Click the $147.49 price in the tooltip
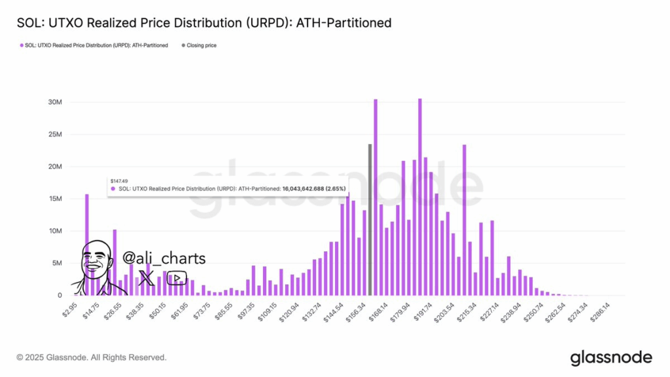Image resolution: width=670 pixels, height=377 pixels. pyautogui.click(x=118, y=180)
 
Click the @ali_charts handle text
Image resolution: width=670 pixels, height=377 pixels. pyautogui.click(x=164, y=259)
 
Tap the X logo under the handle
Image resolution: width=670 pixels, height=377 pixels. pyautogui.click(x=147, y=278)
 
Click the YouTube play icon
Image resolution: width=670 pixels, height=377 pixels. pyautogui.click(x=177, y=278)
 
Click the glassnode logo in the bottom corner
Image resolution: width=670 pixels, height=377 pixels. pyautogui.click(x=611, y=357)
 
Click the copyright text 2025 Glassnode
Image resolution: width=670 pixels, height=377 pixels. pyautogui.click(x=92, y=358)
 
